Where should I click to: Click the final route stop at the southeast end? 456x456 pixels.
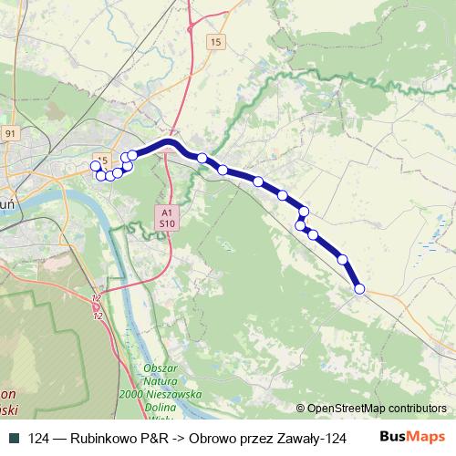coord(359,288)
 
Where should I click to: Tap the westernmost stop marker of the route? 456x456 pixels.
coord(94,165)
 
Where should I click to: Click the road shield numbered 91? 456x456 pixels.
coord(10,133)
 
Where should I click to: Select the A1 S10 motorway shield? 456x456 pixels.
coord(165,215)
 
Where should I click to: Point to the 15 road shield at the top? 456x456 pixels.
coord(214,43)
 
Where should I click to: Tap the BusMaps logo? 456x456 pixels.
coord(413,437)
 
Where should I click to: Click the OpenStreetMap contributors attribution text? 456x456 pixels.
coord(376,409)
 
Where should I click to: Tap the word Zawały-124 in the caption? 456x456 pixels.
coord(316,438)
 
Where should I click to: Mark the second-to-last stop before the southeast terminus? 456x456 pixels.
coord(343,260)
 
